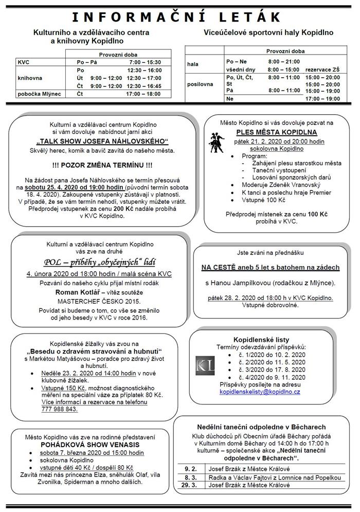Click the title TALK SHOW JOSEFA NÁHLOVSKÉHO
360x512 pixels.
[102, 141]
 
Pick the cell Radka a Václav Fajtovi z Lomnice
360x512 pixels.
[273, 477]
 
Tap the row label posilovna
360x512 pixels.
[200, 84]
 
